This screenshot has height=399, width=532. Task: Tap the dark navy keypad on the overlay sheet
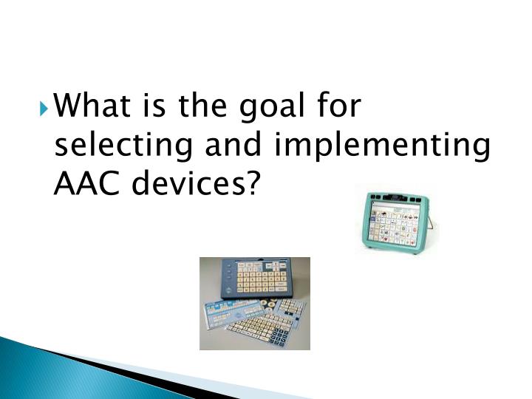coord(281,336)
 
